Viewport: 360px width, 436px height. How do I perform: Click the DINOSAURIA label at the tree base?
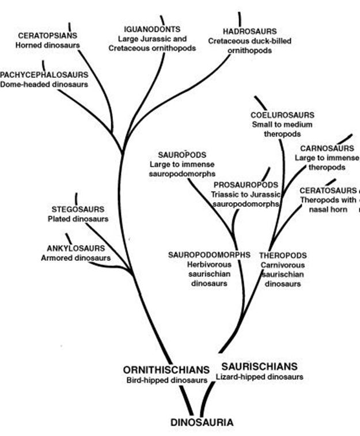(202, 422)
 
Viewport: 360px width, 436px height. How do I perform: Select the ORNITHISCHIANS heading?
(166, 370)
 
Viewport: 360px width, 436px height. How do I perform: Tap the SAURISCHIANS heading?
(259, 366)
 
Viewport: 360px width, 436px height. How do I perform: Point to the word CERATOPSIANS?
(48, 36)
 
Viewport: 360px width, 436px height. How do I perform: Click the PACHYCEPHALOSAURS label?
(44, 75)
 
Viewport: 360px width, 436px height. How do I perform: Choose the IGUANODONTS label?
(152, 29)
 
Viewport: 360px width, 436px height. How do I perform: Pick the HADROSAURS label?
(249, 31)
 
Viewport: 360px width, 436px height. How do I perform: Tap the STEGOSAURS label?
(78, 209)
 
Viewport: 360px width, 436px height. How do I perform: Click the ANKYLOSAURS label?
(75, 248)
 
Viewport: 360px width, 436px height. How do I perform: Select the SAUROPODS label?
(182, 154)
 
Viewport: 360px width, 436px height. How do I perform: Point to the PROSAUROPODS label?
(246, 185)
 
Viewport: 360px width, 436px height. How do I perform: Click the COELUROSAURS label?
(282, 115)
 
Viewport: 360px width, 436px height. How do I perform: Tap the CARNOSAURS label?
(327, 148)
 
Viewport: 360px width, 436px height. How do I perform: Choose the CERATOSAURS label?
(328, 191)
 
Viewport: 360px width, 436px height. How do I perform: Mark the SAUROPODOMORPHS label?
(209, 255)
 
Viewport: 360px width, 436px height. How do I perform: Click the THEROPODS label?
(283, 255)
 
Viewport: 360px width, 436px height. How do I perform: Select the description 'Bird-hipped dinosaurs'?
(167, 380)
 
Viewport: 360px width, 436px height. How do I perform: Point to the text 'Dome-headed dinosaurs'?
(44, 84)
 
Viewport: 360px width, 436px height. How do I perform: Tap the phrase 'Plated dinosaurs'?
(78, 219)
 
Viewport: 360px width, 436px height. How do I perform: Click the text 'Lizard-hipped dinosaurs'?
(259, 377)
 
